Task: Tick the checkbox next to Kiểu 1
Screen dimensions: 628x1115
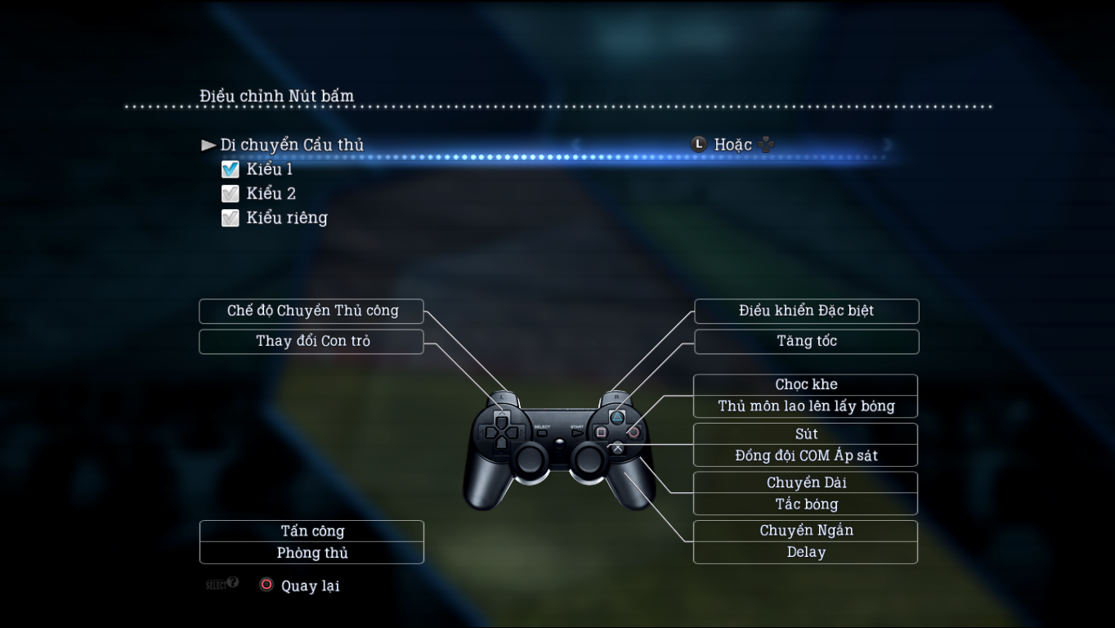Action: coord(231,169)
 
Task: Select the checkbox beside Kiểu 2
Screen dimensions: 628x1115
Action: coord(231,194)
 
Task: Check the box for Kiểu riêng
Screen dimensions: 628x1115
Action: coord(231,218)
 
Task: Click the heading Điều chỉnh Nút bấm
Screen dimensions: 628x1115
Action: coord(276,96)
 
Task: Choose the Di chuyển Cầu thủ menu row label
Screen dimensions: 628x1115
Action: coord(292,145)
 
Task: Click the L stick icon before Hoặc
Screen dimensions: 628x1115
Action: coord(698,145)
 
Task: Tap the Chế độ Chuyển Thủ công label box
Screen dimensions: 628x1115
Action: coord(311,311)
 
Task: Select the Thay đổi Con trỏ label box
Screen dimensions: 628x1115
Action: coord(311,341)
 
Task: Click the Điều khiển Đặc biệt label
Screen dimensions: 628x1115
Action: coord(806,311)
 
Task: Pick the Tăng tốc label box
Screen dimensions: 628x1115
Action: coord(806,341)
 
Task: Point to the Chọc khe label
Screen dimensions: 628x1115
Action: coord(806,384)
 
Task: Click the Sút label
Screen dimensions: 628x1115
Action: coord(806,433)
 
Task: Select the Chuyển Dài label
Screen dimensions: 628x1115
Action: coord(806,482)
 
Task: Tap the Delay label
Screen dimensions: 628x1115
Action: coord(806,553)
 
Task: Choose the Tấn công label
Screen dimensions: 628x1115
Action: coord(311,532)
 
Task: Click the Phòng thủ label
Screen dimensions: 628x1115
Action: coord(311,553)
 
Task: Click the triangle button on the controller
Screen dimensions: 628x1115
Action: coord(617,416)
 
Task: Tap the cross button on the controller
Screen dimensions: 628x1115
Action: coord(617,447)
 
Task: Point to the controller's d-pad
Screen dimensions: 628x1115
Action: coord(501,431)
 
